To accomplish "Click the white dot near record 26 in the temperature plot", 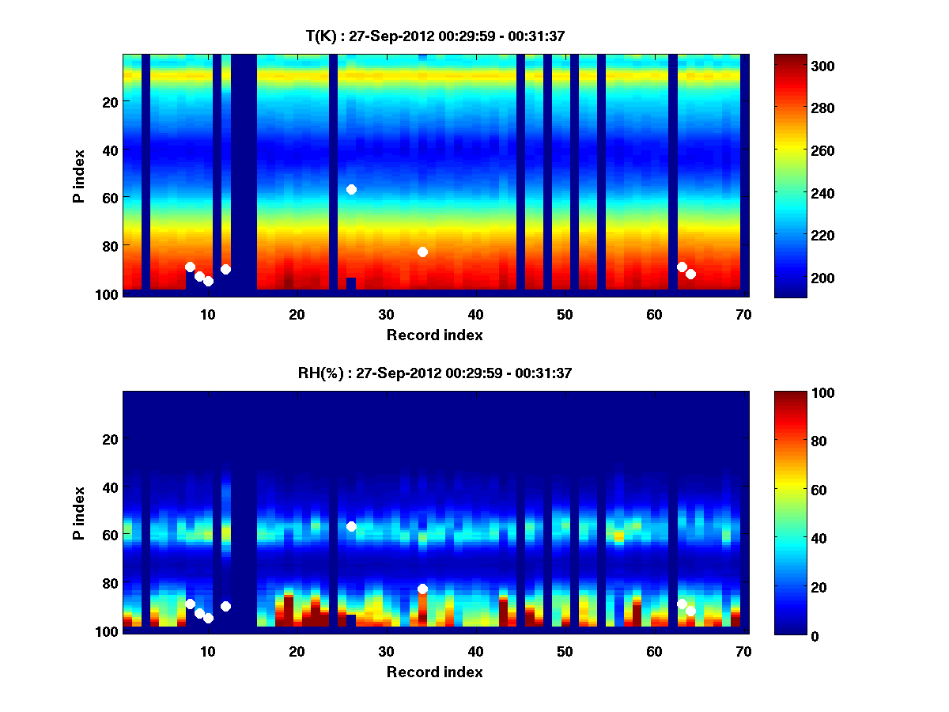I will tap(351, 189).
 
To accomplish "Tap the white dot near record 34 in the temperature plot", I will tap(422, 252).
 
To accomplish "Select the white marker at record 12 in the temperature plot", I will tap(225, 269).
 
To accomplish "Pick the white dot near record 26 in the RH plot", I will tap(351, 526).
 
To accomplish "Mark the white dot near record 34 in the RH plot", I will tap(422, 589).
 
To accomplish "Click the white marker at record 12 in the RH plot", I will tap(225, 606).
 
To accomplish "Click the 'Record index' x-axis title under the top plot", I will tap(434, 335).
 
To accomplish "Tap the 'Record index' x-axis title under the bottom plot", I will tap(434, 672).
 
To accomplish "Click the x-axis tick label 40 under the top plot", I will tap(475, 314).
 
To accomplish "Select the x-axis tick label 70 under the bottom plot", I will tap(743, 651).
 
